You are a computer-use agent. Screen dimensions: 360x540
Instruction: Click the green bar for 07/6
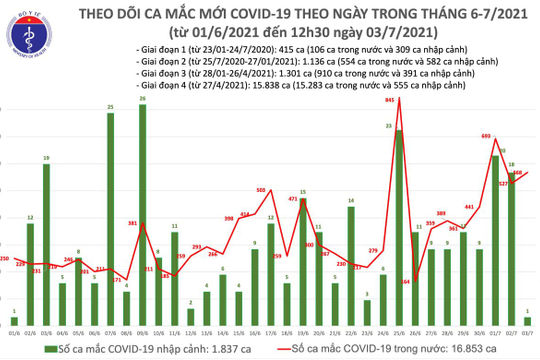[x=110, y=219]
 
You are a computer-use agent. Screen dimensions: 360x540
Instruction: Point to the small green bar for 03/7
[x=527, y=321]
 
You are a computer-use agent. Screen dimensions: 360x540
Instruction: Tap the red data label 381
[x=130, y=222]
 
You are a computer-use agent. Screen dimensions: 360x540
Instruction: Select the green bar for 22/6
[x=351, y=266]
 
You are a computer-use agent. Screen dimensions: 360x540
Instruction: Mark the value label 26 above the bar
[x=142, y=99]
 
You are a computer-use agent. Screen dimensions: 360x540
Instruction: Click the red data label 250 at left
[x=5, y=259]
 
